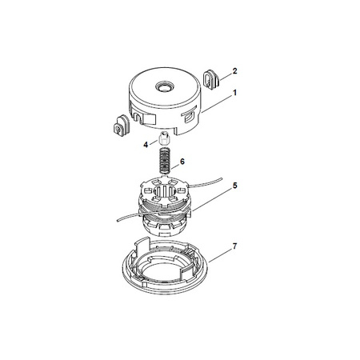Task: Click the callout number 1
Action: tap(234, 93)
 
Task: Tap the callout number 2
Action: tap(234, 71)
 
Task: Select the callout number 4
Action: tap(146, 145)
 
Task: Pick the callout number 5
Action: tap(234, 186)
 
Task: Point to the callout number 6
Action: tap(182, 162)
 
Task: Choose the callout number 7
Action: tap(234, 246)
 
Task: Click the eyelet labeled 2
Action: tap(211, 79)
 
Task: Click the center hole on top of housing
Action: tap(165, 86)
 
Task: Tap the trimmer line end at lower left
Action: tap(118, 220)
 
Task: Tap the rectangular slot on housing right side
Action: tap(189, 117)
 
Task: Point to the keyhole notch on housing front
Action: tap(138, 118)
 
